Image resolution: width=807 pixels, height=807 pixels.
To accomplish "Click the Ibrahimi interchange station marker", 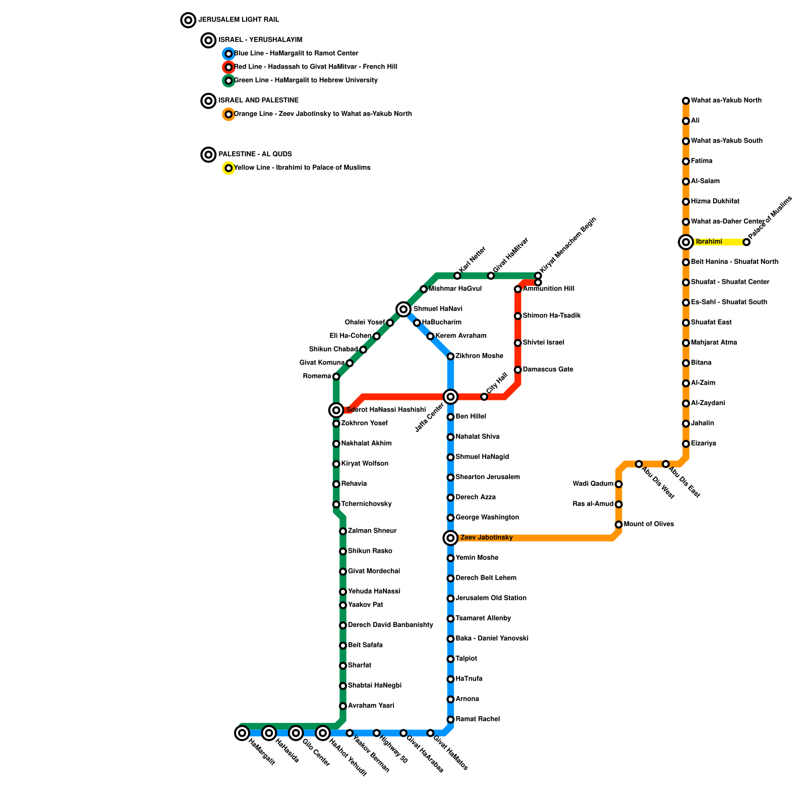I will click(686, 242).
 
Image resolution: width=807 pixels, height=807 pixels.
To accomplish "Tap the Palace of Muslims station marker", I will click(746, 242).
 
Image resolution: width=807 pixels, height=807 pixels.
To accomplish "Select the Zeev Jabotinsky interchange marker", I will click(450, 538).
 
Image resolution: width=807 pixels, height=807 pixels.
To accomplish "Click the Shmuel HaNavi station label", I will click(438, 309).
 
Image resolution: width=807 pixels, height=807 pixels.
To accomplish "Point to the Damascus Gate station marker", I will click(517, 370).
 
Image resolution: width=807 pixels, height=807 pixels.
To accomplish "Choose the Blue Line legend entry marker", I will click(228, 53).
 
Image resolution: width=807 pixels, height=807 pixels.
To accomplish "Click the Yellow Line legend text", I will click(302, 168).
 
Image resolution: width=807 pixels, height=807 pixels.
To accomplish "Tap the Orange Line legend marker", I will click(228, 114).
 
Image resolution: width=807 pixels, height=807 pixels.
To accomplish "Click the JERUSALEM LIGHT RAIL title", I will click(239, 20).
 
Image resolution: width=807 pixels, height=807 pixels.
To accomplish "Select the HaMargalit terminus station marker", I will click(242, 733).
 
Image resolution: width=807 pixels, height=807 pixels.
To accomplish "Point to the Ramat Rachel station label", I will click(478, 719).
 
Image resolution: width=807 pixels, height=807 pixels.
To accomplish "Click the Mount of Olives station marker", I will click(618, 525).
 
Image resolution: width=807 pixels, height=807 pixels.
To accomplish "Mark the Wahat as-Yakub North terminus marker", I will click(686, 101).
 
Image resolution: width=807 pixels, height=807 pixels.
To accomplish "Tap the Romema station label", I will click(317, 376).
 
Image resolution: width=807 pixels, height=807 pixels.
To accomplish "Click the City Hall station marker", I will click(484, 397).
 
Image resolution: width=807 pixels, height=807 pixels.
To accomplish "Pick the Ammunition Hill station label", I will click(548, 289).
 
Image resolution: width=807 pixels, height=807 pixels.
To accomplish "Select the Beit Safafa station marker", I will click(343, 646).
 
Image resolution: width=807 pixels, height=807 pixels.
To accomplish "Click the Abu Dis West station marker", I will click(639, 464).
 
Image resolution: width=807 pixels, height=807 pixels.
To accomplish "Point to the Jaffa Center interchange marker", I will click(450, 397).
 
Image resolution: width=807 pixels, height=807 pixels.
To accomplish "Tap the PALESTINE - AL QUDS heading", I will click(255, 154).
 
